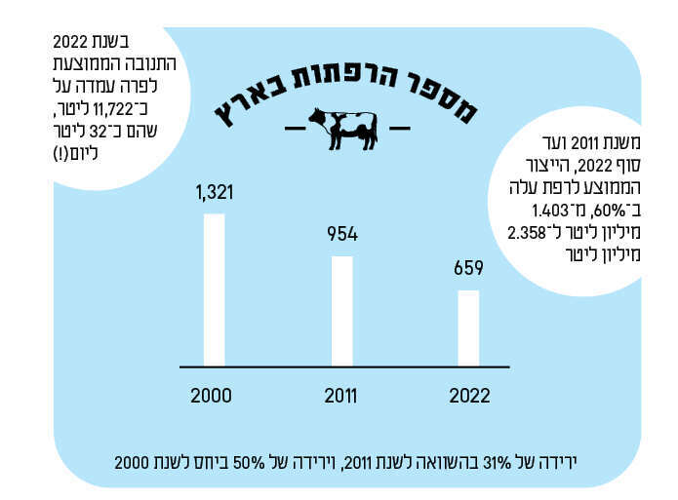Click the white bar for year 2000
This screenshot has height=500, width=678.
point(214,288)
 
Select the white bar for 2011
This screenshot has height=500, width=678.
point(342,310)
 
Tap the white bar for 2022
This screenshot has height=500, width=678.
point(468,327)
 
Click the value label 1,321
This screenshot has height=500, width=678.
point(215,193)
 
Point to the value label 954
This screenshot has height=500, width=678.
point(342,235)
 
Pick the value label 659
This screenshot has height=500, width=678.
point(468,268)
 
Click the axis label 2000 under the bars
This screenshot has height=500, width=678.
point(211,396)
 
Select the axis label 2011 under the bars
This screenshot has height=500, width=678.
point(340,396)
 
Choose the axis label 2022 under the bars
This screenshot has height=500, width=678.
point(469,396)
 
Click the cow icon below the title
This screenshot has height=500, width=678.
point(342,128)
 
